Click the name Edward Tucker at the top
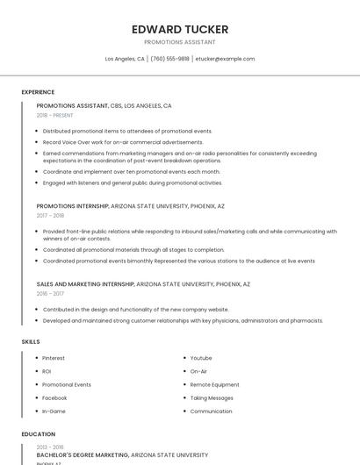[179, 29]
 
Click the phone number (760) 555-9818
[169, 59]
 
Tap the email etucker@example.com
[225, 59]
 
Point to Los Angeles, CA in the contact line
[125, 59]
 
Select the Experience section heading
[38, 92]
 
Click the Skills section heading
[31, 341]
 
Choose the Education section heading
[38, 434]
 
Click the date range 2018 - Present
[55, 115]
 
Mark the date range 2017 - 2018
[50, 215]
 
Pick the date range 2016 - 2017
[50, 294]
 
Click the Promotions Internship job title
[73, 205]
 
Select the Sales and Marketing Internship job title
[85, 284]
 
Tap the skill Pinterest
[54, 358]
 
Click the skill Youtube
[201, 358]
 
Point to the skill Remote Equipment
[214, 384]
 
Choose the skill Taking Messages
[212, 397]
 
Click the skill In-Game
[54, 411]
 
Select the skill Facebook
[54, 397]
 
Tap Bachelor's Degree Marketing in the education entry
[82, 455]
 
